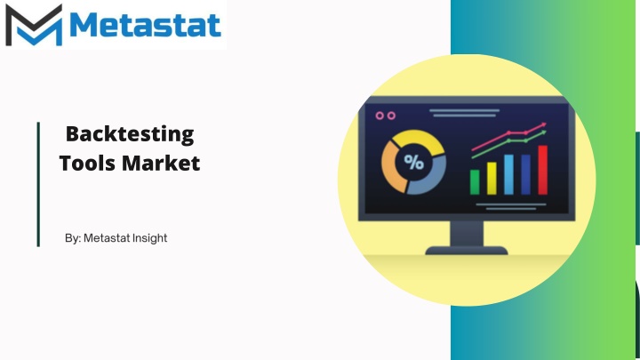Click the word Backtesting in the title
coord(130,135)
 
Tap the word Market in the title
coord(161,163)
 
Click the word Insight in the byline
coord(149,238)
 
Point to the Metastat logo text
coord(145,25)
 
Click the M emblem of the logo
coord(34,25)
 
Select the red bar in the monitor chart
coord(542,170)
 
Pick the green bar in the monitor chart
coord(475,182)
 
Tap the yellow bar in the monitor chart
coord(492,179)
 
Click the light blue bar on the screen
coord(508,175)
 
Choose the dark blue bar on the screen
coord(525,175)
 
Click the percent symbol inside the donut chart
coord(414,163)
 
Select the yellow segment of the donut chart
coord(419,138)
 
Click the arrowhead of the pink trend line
coord(543,125)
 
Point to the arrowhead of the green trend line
coord(543,133)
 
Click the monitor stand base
coord(467,250)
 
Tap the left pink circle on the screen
coord(380,116)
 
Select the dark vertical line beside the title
coord(38,184)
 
